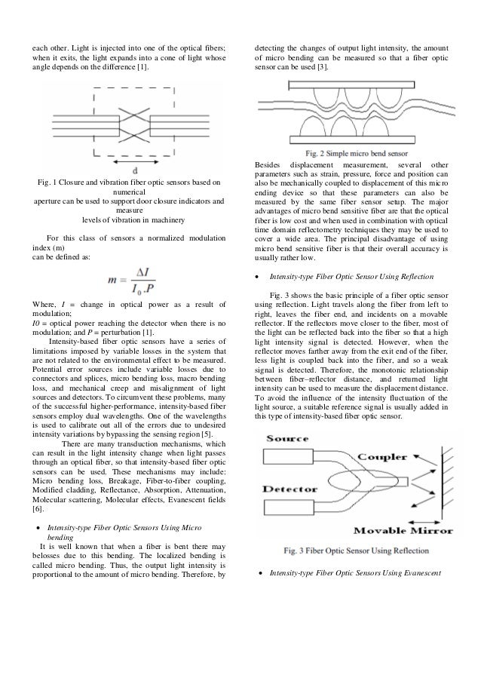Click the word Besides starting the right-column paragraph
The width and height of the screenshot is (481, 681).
[272, 164]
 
